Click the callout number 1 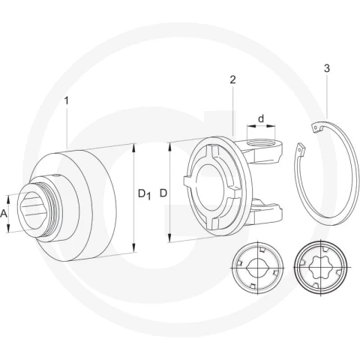[x=66, y=101]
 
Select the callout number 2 [x=232, y=80]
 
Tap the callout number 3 [x=327, y=68]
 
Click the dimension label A [x=4, y=214]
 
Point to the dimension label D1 [x=145, y=194]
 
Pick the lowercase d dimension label [x=261, y=118]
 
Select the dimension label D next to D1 [x=163, y=193]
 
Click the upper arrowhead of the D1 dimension [x=134, y=148]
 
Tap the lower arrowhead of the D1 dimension [x=134, y=247]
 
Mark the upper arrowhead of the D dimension [x=170, y=147]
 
